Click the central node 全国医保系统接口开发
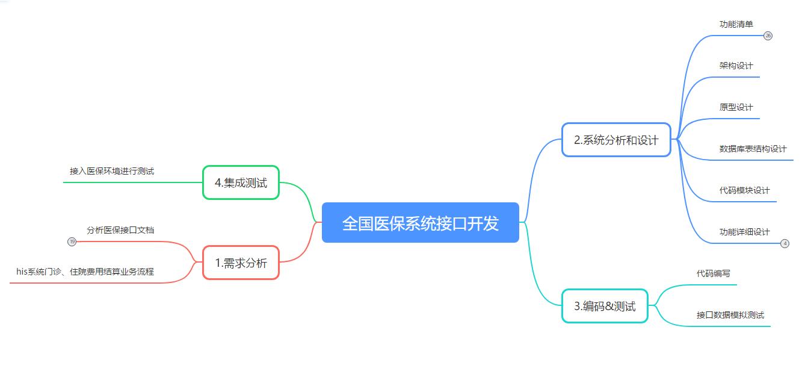pos(420,223)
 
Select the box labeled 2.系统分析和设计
pos(616,140)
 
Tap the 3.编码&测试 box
pos(605,306)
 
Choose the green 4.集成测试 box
pos(241,182)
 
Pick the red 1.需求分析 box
pos(241,263)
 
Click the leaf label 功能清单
pos(736,24)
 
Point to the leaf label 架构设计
pos(736,66)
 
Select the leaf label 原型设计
pos(736,107)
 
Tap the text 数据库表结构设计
pos(753,149)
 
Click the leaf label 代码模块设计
pos(744,190)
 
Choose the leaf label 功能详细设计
pos(744,232)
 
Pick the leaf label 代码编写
pos(713,273)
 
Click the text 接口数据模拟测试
pos(730,315)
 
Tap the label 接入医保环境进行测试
pos(112,171)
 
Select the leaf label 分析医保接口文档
pos(120,230)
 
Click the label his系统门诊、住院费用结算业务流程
pos(85,272)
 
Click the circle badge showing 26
pos(768,36)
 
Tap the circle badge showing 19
pos(72,241)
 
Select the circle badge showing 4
pos(785,243)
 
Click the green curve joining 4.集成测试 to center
pos(307,199)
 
